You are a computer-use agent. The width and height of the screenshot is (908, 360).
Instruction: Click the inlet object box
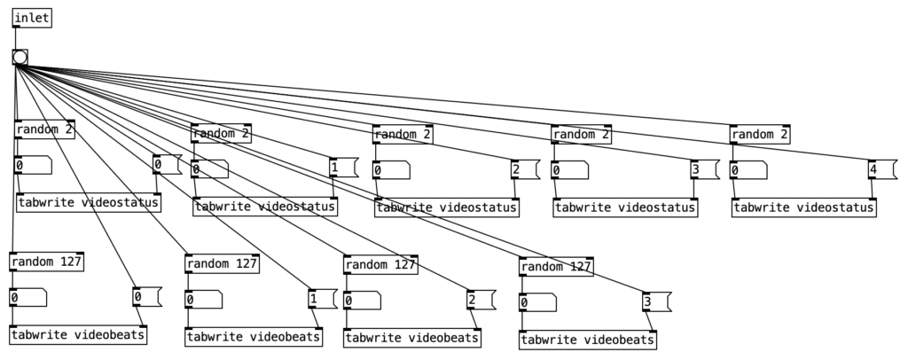click(33, 19)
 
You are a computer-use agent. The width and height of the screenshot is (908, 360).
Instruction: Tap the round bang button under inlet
click(20, 58)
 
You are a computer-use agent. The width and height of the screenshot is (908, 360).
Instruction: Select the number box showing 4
click(880, 168)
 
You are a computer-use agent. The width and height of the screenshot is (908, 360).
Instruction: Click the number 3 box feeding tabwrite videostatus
click(701, 168)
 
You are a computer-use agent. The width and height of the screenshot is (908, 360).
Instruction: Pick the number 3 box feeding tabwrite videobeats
click(655, 302)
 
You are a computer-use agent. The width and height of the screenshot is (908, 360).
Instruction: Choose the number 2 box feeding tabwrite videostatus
click(522, 168)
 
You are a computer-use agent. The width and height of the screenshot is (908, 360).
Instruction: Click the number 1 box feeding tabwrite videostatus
click(342, 168)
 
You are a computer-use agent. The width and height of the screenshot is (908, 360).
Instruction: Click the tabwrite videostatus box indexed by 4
click(803, 207)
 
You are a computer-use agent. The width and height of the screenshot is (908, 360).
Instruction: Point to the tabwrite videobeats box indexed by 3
click(588, 340)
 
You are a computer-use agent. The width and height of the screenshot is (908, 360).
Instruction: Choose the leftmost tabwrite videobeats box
click(78, 335)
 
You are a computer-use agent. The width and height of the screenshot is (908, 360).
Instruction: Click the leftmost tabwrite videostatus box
click(89, 203)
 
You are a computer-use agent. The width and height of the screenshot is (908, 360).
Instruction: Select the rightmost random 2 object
click(759, 135)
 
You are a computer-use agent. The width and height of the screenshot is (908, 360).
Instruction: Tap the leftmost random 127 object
click(46, 262)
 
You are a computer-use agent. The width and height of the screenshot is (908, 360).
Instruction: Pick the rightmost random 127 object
click(556, 266)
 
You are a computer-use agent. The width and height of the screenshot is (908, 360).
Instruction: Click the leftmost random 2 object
click(44, 129)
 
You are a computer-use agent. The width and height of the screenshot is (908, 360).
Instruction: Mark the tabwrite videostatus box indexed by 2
click(446, 207)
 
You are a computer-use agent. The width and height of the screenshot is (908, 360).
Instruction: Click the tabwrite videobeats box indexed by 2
click(412, 337)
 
